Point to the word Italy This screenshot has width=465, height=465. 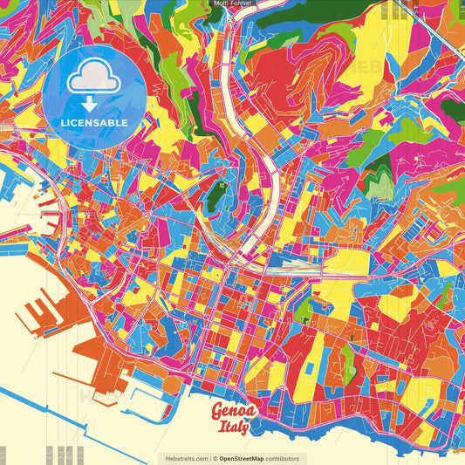[x=233, y=427]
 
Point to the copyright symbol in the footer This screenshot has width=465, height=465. [x=215, y=458]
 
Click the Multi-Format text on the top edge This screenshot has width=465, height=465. [x=231, y=3]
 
